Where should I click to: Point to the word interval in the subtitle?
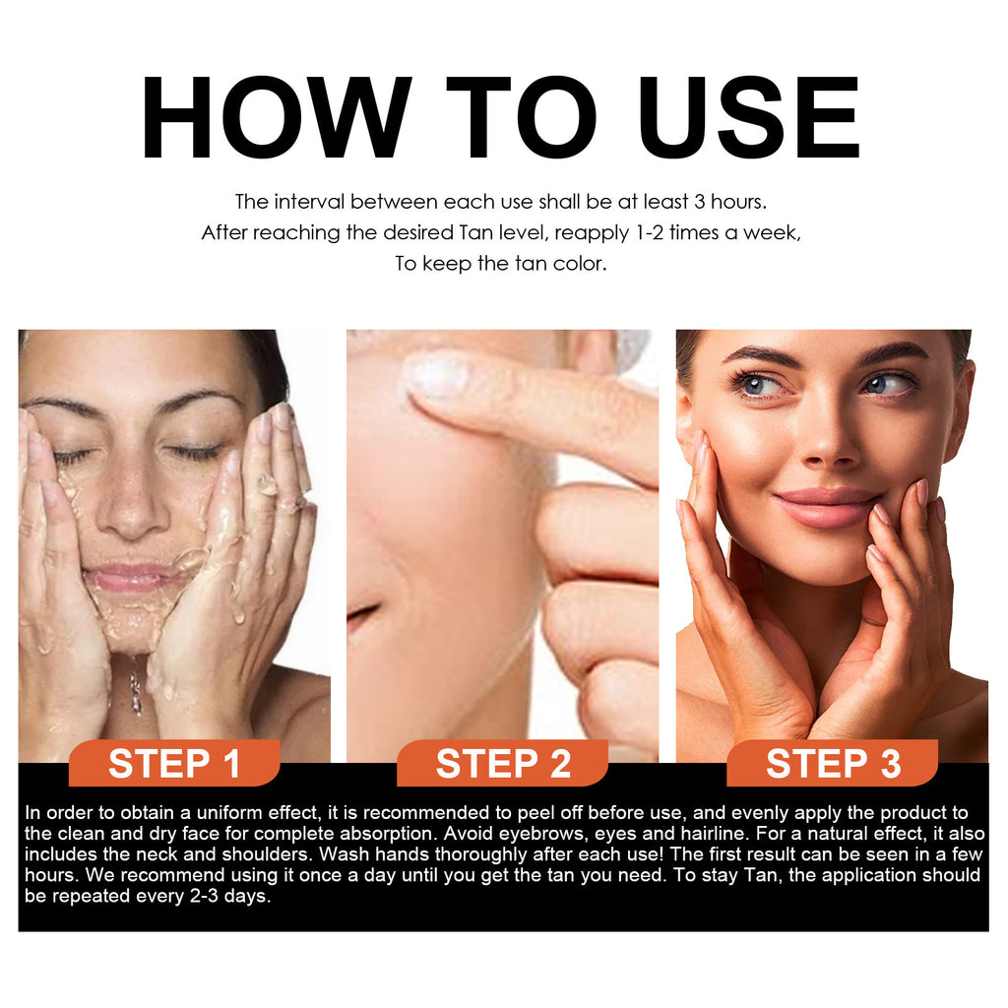(308, 202)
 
